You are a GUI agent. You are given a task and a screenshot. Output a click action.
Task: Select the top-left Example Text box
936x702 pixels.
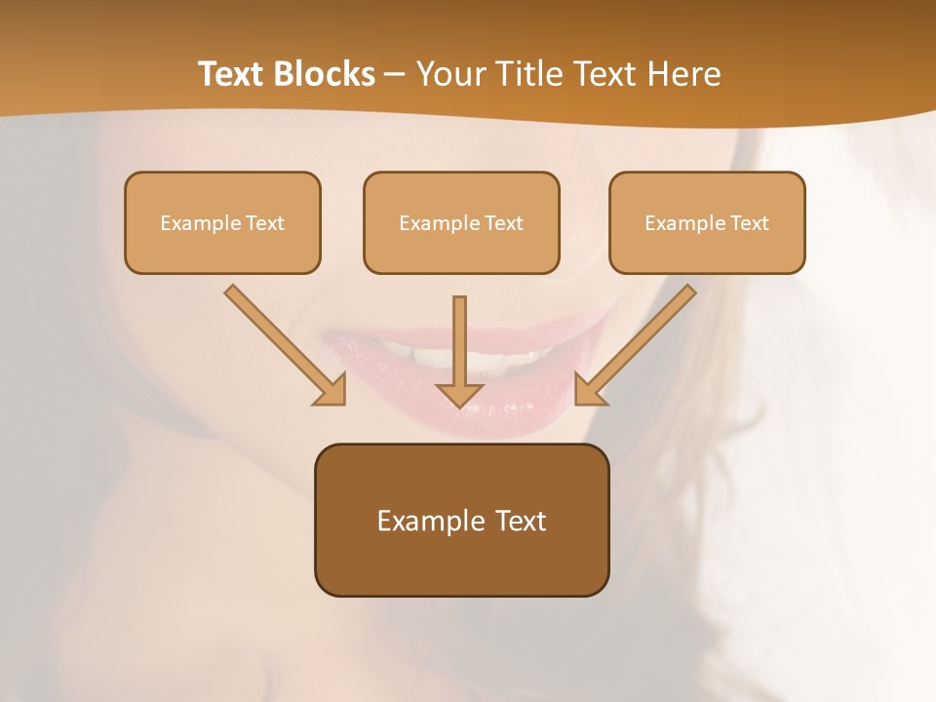222,223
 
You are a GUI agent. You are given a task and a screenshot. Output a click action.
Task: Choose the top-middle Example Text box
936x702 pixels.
461,223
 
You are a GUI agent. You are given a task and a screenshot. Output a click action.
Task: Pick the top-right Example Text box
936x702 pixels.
707,223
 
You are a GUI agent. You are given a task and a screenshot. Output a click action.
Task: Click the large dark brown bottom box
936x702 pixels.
461,521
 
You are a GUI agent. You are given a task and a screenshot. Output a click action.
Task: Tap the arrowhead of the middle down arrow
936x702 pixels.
460,394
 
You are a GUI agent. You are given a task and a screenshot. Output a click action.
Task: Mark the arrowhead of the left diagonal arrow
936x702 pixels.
331,390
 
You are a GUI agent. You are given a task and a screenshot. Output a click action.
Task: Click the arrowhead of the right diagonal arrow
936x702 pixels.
589,390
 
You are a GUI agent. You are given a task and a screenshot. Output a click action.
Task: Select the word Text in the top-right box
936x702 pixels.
749,223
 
